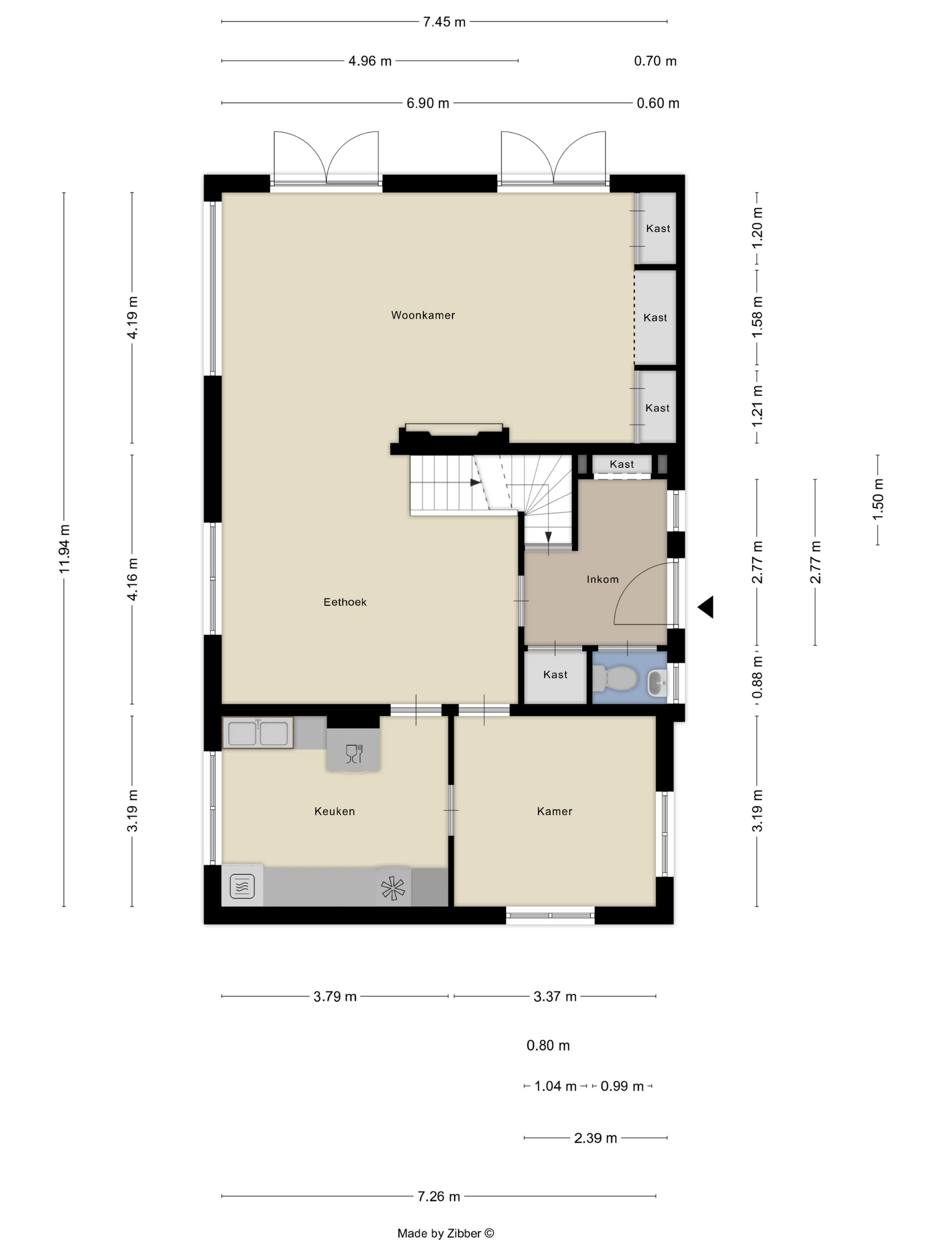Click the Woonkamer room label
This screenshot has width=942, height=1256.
(423, 315)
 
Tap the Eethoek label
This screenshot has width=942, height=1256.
(345, 602)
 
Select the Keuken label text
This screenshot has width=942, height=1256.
(335, 811)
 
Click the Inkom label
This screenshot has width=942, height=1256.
(602, 579)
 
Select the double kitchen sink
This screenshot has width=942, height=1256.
(258, 733)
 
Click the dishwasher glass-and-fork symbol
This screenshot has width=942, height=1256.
(354, 754)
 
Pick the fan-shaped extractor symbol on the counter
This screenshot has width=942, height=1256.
(393, 888)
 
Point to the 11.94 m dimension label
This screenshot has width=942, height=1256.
(64, 549)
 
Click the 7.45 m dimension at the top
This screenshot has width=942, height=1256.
(444, 22)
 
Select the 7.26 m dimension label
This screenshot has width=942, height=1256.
(438, 1196)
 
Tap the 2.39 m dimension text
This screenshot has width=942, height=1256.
(595, 1138)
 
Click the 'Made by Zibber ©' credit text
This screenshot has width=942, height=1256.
(446, 1233)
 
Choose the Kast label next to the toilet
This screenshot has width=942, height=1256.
(555, 675)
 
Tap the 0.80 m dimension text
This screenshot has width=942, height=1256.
(548, 1045)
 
